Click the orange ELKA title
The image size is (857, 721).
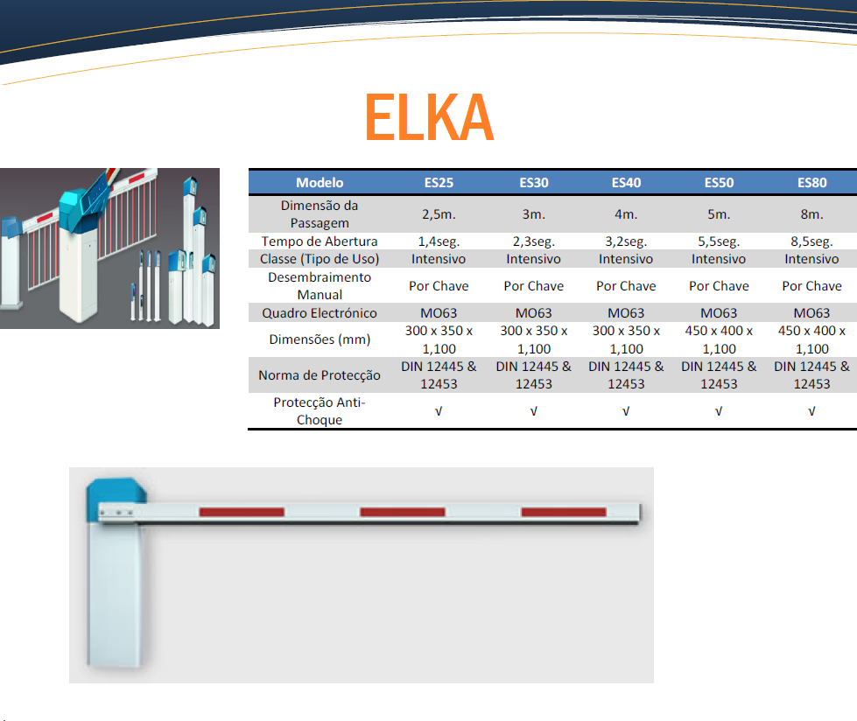pyautogui.click(x=429, y=117)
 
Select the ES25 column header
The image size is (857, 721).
pyautogui.click(x=439, y=182)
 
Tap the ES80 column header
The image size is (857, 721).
pyautogui.click(x=811, y=182)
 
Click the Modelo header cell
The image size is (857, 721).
pyautogui.click(x=320, y=182)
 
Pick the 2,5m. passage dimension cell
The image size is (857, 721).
pyautogui.click(x=439, y=214)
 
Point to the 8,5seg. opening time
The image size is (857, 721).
pyautogui.click(x=811, y=241)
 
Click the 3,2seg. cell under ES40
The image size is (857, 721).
pyautogui.click(x=626, y=241)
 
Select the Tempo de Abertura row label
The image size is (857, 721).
pyautogui.click(x=320, y=241)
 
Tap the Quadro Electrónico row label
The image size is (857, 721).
pyautogui.click(x=320, y=313)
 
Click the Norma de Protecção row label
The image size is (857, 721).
pyautogui.click(x=320, y=375)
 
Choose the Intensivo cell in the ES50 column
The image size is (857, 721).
pyautogui.click(x=719, y=259)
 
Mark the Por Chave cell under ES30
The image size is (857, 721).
pyautogui.click(x=533, y=286)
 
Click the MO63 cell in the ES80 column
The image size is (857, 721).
pyautogui.click(x=811, y=313)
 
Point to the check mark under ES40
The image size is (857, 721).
pyautogui.click(x=626, y=411)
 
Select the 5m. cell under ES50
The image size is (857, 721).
pyautogui.click(x=719, y=214)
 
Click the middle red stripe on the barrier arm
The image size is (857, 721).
pyautogui.click(x=403, y=512)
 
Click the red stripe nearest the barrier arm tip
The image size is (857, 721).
pyautogui.click(x=564, y=512)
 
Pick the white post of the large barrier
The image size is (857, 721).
pyautogui.click(x=116, y=594)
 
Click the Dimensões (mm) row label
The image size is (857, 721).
pyautogui.click(x=320, y=339)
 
